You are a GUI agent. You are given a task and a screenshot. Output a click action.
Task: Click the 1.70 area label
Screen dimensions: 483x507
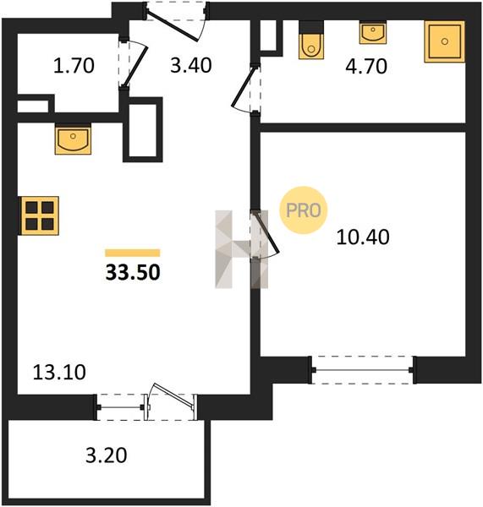pyautogui.click(x=74, y=65)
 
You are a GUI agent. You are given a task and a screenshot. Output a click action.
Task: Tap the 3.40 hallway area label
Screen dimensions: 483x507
pyautogui.click(x=191, y=65)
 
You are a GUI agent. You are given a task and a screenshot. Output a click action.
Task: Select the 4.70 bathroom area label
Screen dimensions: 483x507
pyautogui.click(x=366, y=66)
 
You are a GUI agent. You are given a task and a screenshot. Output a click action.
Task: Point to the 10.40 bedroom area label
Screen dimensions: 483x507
pyautogui.click(x=363, y=237)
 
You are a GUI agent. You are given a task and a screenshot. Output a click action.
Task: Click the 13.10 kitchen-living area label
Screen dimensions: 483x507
pyautogui.click(x=59, y=372)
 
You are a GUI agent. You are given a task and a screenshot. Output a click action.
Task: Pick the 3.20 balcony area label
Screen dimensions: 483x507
pyautogui.click(x=107, y=455)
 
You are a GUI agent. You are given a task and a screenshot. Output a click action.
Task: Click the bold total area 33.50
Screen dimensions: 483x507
pyautogui.click(x=133, y=272)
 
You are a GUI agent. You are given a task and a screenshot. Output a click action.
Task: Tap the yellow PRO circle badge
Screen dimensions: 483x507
pyautogui.click(x=304, y=210)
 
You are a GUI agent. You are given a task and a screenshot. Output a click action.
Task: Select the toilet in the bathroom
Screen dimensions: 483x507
pyautogui.click(x=311, y=40)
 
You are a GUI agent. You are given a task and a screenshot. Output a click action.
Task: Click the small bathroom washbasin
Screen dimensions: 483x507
pyautogui.click(x=373, y=32)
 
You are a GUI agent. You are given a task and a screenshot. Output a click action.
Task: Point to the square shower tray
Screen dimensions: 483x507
pyautogui.click(x=444, y=41)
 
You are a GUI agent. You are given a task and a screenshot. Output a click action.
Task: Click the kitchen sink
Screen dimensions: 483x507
pyautogui.click(x=73, y=139)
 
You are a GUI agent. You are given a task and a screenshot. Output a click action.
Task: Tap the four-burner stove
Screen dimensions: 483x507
pyautogui.click(x=39, y=215)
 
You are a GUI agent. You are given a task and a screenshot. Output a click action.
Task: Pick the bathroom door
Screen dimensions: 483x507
pyautogui.click(x=246, y=88)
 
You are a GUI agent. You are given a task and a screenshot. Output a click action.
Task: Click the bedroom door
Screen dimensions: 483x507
pyautogui.click(x=266, y=234)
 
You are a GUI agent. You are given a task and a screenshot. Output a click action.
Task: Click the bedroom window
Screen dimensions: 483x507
pyautogui.click(x=363, y=370)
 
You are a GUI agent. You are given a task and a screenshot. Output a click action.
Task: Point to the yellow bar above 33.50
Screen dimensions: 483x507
pyautogui.click(x=133, y=253)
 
